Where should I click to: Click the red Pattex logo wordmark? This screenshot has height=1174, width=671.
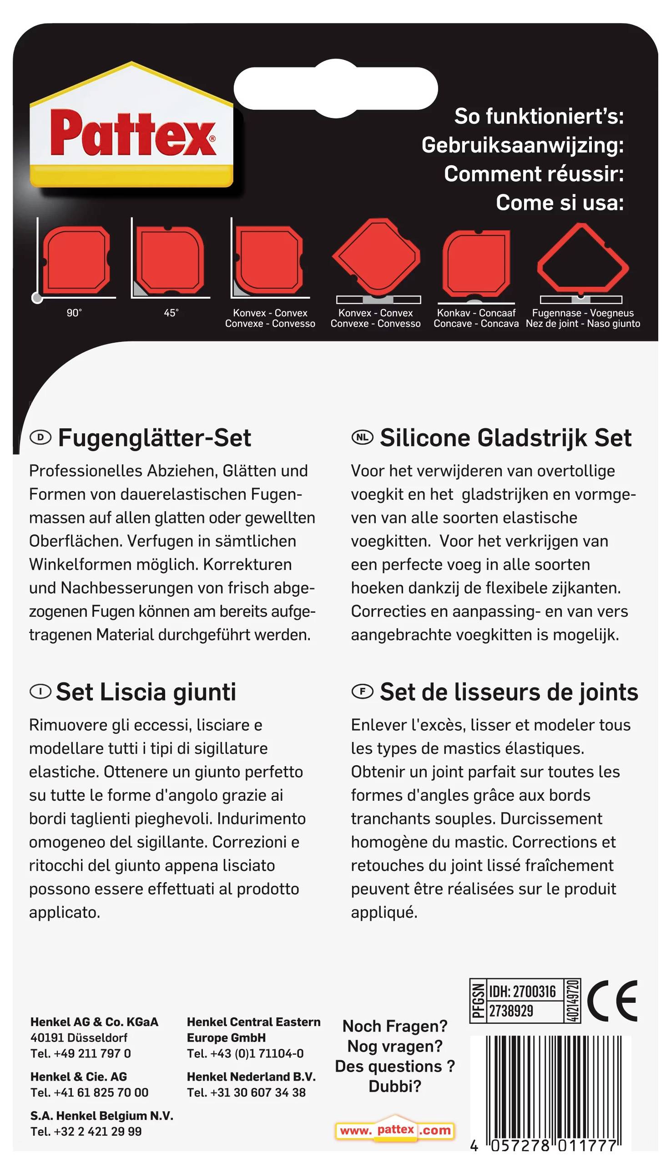133,134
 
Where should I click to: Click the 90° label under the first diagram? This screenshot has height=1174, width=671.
74,313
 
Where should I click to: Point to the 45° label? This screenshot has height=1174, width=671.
171,313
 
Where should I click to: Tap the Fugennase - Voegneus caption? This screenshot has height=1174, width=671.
582,313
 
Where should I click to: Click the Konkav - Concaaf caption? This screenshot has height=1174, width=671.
476,313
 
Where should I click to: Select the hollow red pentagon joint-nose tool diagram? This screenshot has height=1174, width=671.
582,260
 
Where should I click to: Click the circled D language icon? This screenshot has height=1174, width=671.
40,437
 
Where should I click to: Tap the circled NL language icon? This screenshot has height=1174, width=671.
363,437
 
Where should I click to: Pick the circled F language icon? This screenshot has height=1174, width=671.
363,691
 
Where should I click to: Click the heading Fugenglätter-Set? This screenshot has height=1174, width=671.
154,437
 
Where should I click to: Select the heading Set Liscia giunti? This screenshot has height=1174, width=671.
146,691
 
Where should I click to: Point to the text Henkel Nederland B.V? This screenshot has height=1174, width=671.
251,1077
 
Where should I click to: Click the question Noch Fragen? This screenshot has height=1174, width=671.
395,1027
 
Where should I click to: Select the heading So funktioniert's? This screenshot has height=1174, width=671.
539,116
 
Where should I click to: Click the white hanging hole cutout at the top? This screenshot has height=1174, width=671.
336,88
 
